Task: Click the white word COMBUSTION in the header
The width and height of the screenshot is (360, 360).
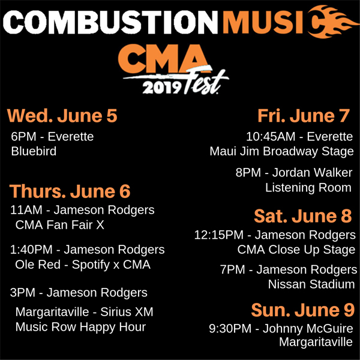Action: pos(110,22)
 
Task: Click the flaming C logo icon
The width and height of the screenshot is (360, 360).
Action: pos(332,22)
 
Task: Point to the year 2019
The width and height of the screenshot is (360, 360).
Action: pos(161,88)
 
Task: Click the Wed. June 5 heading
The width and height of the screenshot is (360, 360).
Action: pos(62,116)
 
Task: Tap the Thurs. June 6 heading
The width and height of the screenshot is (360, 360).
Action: pos(70,191)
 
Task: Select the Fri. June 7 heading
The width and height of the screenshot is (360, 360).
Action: pos(304,116)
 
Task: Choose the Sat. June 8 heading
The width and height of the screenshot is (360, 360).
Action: pos(303,216)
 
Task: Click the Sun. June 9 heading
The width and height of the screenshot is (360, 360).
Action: pos(303,310)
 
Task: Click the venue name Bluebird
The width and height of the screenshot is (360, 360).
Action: pos(34,151)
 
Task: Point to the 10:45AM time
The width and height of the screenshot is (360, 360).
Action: pos(271,137)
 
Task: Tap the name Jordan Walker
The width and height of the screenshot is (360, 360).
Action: pos(312,173)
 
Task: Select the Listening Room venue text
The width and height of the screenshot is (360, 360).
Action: pos(308,188)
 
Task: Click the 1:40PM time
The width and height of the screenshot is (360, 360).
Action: pos(31,250)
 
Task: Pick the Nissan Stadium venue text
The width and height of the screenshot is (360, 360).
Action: pos(311,284)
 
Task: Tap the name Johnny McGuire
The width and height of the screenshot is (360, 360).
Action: pos(308,329)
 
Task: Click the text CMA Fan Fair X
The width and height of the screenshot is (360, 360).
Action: pos(59,225)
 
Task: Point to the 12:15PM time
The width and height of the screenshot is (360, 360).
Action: pos(219,235)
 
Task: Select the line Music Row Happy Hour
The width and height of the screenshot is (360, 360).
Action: pos(80,327)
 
